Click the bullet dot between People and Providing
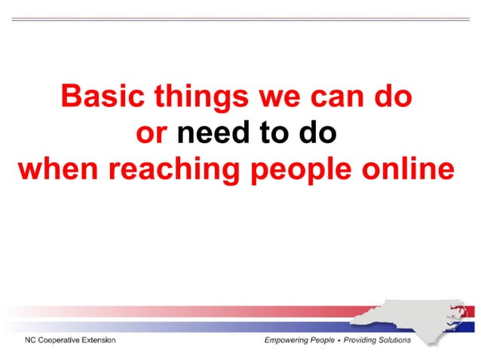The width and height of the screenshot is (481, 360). [339, 340]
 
